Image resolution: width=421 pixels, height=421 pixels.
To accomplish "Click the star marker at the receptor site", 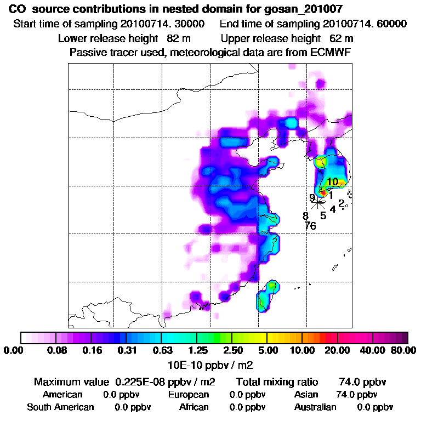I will pos(318,202).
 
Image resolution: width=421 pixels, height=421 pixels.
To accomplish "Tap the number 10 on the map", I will pos(332,181).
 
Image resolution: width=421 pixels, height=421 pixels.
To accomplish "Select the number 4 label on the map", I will pos(333,209).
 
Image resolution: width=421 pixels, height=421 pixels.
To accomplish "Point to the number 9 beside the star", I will pos(312,197).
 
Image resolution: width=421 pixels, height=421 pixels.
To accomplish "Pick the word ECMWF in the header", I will pos(331,53).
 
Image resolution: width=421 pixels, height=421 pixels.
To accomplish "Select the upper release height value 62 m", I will pos(341,39).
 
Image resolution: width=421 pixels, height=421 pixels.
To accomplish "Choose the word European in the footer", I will pos(188,395).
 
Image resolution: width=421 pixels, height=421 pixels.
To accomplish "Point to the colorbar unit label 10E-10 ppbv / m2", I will pos(210,364).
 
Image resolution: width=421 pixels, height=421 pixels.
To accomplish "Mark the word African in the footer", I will pos(194,407).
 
